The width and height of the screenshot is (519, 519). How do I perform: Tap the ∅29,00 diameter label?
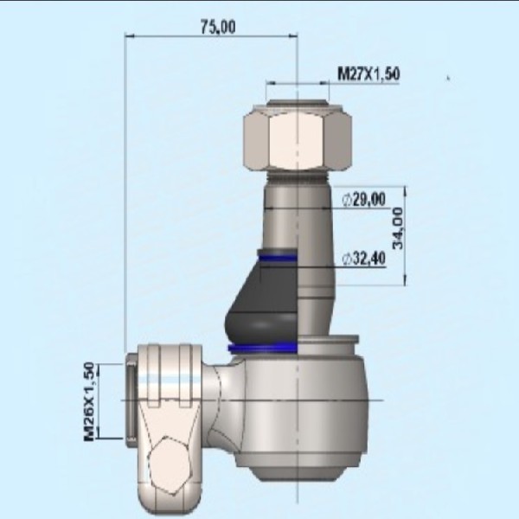(x=364, y=201)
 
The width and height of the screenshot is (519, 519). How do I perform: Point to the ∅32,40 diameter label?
(x=364, y=259)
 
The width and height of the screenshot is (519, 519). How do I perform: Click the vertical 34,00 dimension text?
(x=397, y=228)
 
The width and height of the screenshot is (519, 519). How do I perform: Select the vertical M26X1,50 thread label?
(x=90, y=401)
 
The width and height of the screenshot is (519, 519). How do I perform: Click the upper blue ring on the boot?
(x=277, y=256)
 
